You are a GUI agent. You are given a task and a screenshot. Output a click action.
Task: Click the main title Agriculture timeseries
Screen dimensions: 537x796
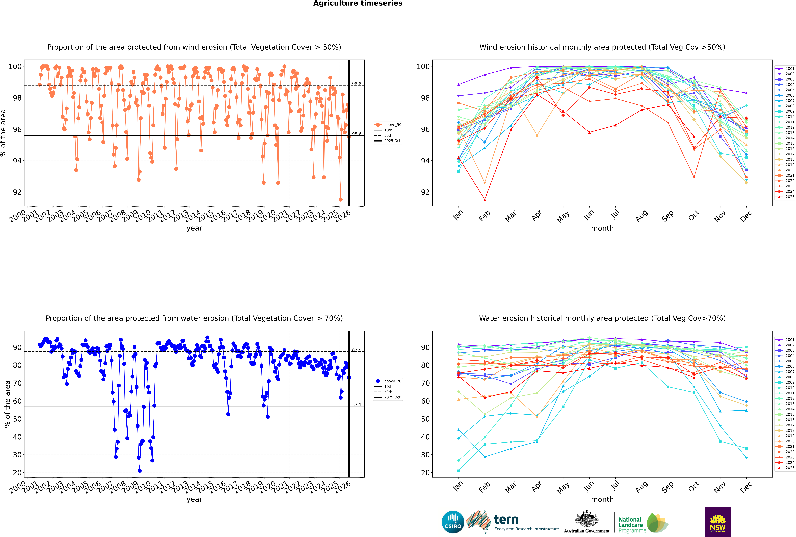[358, 3]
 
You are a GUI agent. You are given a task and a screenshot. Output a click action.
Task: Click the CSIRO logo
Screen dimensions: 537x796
[453, 522]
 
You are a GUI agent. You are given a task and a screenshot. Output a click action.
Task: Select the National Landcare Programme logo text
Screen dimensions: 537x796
[630, 525]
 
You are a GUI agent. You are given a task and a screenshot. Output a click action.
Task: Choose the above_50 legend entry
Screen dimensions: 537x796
[392, 125]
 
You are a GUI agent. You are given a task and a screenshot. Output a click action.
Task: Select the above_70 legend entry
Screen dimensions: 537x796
[392, 381]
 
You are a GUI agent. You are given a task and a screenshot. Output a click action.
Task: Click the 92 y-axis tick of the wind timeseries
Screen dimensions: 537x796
[17, 192]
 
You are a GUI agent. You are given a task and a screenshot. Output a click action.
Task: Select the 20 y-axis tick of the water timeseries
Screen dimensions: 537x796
[17, 473]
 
